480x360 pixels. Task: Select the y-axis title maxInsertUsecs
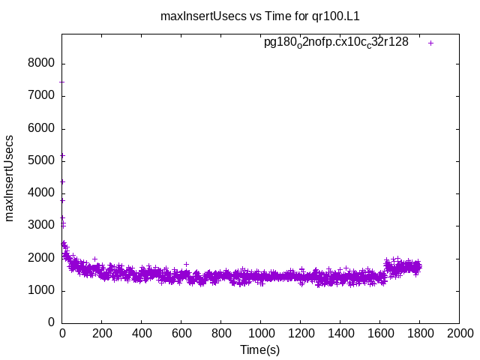(10, 178)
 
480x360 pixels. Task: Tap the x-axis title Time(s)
(259, 349)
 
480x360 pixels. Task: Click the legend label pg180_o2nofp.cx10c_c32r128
(336, 42)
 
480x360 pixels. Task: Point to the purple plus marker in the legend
(430, 43)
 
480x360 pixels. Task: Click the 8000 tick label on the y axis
(43, 64)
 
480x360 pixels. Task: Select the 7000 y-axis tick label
(43, 96)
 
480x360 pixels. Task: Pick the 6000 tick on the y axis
(43, 128)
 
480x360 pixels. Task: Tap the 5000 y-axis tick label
(43, 160)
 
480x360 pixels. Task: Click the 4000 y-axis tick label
(43, 193)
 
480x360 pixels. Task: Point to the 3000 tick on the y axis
(43, 226)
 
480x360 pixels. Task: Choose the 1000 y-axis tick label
(43, 291)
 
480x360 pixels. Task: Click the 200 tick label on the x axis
(102, 333)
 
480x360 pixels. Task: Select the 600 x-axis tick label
(181, 333)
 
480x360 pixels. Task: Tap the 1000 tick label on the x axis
(260, 333)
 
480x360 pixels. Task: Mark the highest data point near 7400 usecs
(62, 82)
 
